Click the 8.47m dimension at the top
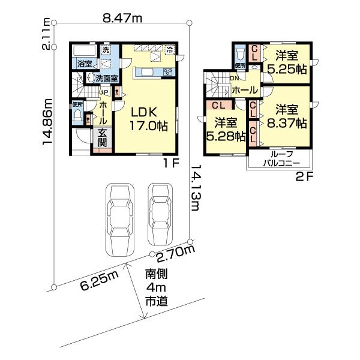(122, 19)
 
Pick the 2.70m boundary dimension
(176, 257)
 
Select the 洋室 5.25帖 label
(287, 62)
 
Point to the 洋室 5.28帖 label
(226, 129)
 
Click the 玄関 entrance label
(103, 137)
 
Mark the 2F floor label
(305, 176)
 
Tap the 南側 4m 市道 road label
(155, 287)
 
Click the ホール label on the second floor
(244, 89)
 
